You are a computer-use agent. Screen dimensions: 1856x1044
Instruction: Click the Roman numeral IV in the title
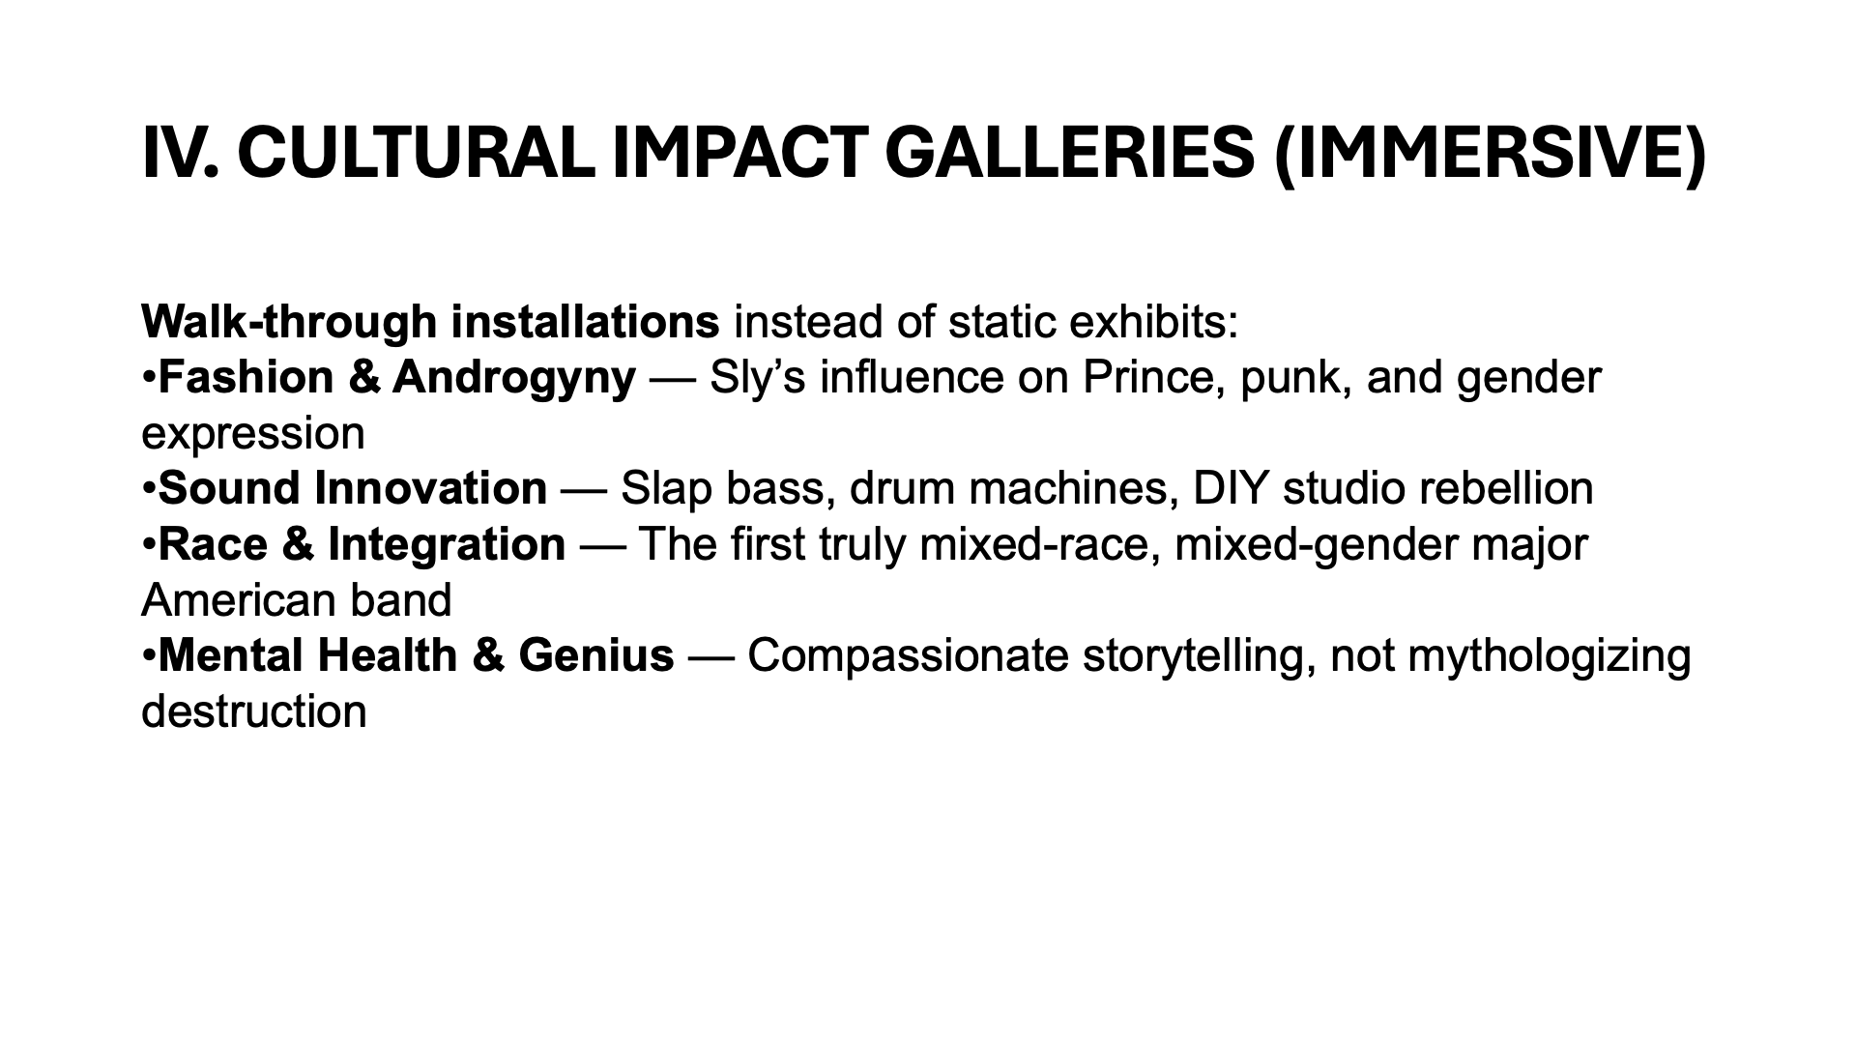178,153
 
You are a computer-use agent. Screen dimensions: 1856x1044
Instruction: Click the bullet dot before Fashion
149,378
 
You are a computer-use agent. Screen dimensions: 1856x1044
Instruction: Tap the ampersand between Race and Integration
299,544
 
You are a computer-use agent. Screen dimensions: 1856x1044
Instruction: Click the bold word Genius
596,655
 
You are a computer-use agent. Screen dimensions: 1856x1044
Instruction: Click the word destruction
254,711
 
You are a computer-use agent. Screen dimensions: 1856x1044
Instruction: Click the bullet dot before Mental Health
149,656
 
